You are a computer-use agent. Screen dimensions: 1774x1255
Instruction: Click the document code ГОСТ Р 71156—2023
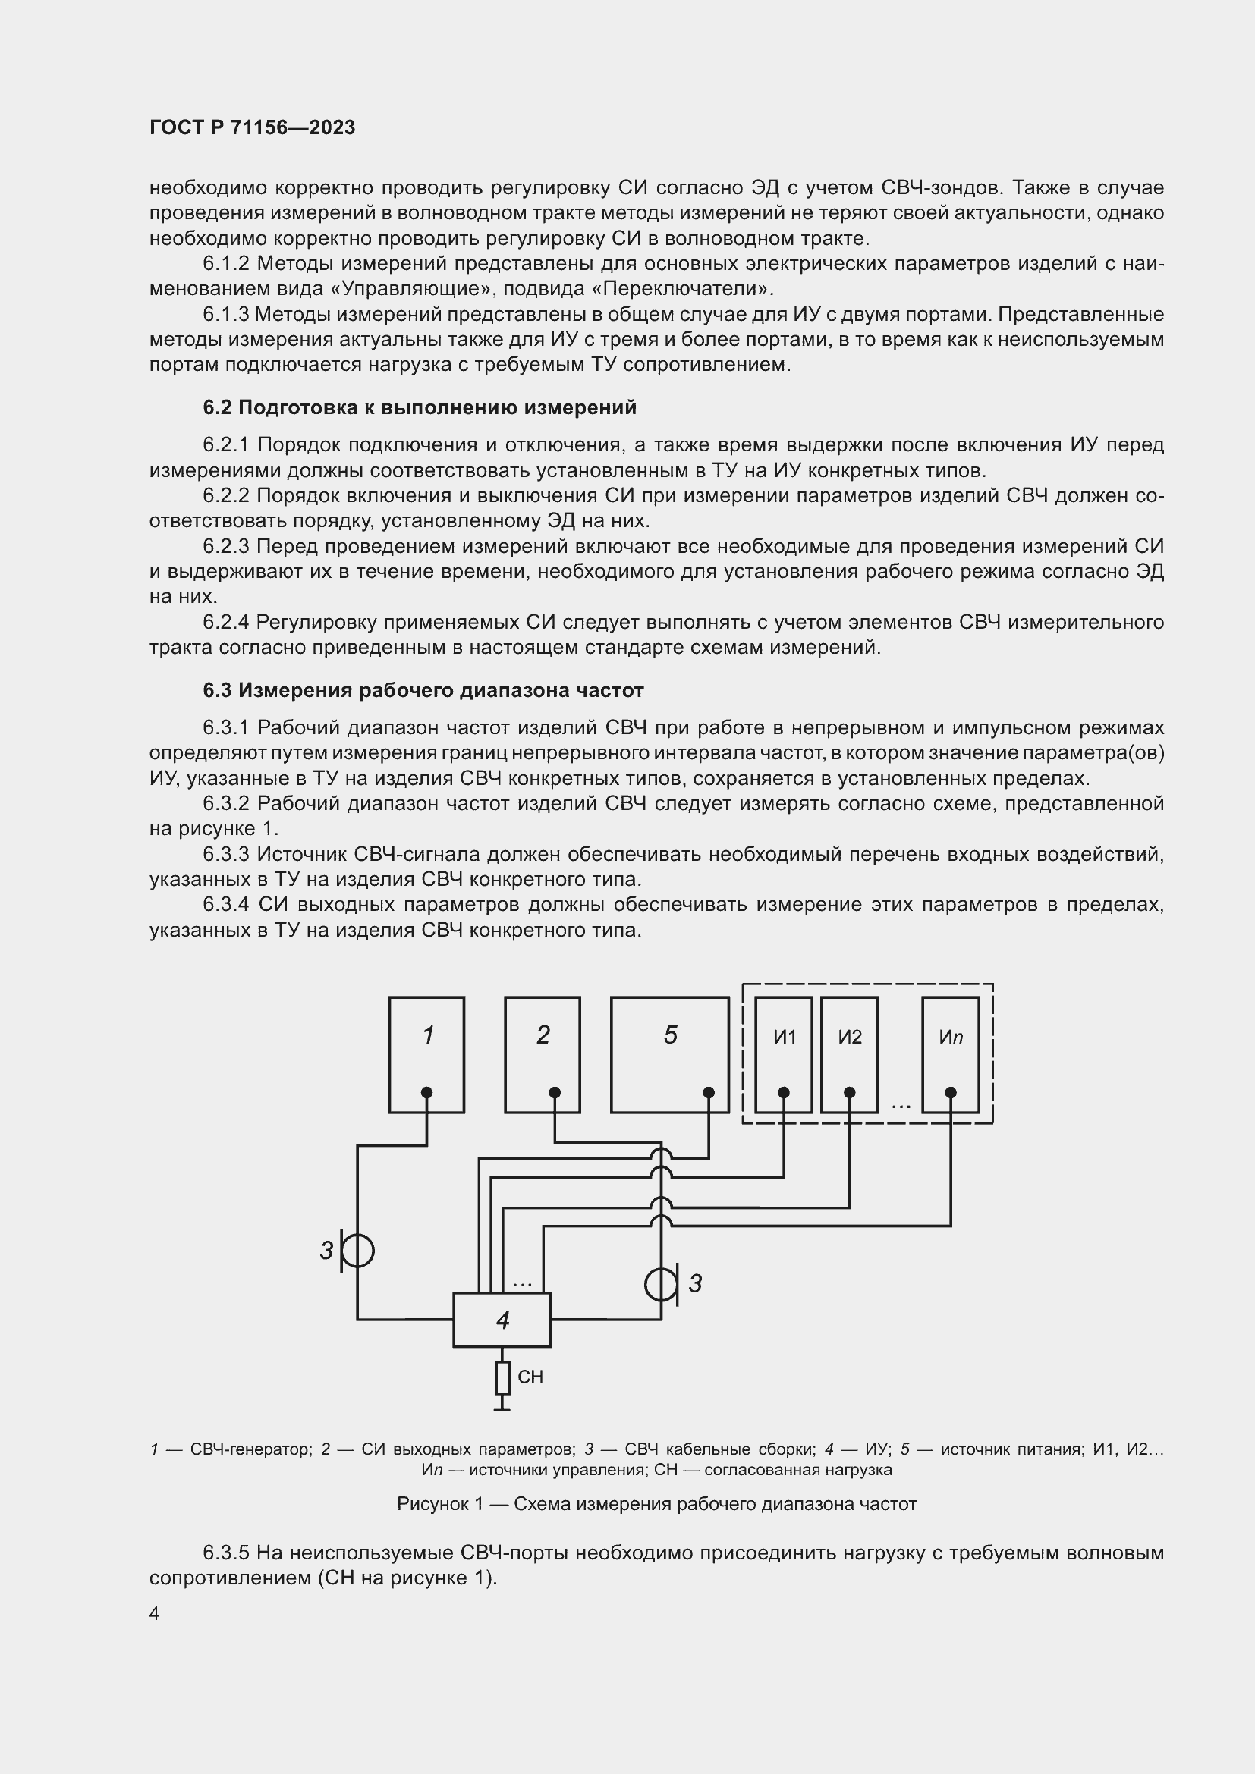tap(252, 127)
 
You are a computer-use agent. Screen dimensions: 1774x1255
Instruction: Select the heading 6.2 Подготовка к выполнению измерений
tap(420, 407)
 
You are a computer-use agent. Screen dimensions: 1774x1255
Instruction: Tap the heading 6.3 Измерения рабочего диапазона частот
tap(423, 690)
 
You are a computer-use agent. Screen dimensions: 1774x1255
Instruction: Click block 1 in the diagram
tap(426, 1054)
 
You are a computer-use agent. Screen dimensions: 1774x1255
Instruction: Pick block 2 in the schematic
tap(543, 1054)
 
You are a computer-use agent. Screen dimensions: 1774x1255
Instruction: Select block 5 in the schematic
tap(669, 1054)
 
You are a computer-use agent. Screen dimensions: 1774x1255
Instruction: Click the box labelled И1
tap(784, 1054)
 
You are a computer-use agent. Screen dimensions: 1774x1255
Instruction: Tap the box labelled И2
tap(849, 1054)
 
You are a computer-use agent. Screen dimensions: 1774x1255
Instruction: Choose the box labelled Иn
tap(951, 1054)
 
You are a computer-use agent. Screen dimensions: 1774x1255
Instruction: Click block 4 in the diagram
tap(502, 1320)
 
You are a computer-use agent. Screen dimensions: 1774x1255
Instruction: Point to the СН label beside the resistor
tap(530, 1377)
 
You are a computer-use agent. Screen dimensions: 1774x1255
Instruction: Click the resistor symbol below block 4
tap(502, 1377)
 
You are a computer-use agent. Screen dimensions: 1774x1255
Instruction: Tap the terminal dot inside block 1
tap(426, 1092)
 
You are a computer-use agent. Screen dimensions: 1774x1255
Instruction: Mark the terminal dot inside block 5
tap(709, 1092)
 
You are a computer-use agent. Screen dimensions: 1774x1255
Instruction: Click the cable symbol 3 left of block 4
tap(357, 1251)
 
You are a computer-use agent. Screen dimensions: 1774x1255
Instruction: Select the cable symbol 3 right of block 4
tap(662, 1283)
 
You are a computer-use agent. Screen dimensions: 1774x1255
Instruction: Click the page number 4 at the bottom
tap(155, 1614)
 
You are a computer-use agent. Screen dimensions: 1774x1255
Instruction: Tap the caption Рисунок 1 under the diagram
tap(656, 1503)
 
